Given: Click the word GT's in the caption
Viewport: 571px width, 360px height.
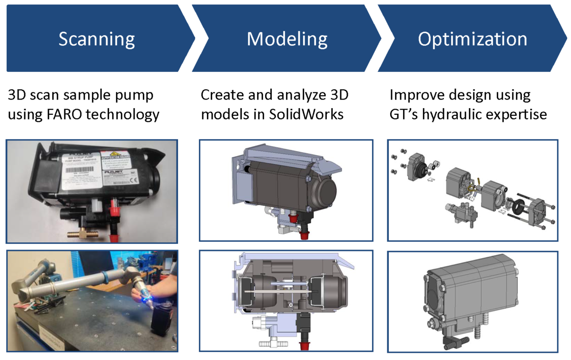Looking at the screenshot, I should coord(404,115).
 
